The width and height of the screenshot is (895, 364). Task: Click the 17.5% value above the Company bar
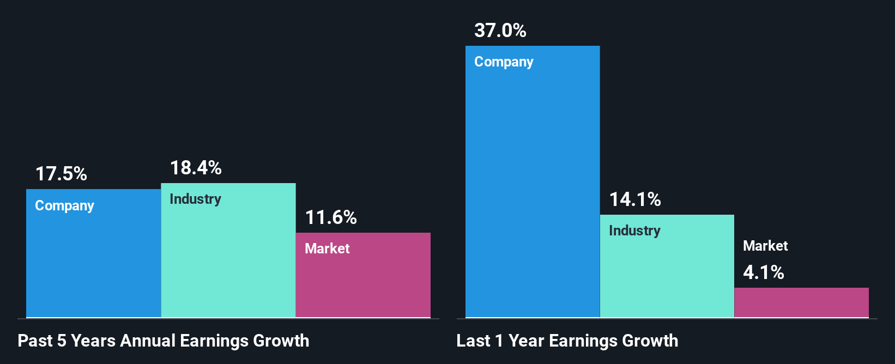(61, 174)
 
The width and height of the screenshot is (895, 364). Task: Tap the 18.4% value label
(196, 168)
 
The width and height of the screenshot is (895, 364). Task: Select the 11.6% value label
(331, 218)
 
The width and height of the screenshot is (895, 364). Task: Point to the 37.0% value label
(500, 31)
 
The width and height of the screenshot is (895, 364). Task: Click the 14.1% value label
(635, 199)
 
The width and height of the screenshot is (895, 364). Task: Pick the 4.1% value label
(764, 272)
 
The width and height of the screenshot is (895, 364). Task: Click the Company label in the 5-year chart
(64, 206)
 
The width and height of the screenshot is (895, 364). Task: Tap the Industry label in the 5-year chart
(195, 199)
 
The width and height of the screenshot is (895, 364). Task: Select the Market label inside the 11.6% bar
(327, 249)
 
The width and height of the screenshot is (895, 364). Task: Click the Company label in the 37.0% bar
(504, 62)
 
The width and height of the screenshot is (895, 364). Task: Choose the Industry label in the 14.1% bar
(634, 231)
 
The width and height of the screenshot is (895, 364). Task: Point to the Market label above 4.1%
(765, 246)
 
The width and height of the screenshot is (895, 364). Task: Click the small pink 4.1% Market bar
(801, 302)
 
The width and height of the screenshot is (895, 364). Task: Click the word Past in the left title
(35, 341)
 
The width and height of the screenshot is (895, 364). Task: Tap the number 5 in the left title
(62, 341)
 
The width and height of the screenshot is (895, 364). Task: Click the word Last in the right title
(473, 341)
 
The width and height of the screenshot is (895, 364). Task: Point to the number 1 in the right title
(499, 341)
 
